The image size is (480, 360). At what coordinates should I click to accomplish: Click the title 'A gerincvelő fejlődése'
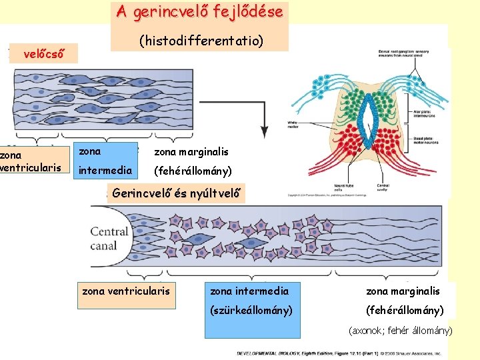pos(199,12)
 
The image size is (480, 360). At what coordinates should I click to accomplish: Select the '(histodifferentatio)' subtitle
pos(201,41)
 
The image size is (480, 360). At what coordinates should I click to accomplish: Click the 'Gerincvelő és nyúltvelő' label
pos(176,194)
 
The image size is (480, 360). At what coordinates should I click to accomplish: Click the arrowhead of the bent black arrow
pos(265,131)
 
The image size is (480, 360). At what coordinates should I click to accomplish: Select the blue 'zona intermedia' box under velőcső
pos(105,161)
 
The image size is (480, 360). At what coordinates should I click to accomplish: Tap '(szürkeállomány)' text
pos(251,310)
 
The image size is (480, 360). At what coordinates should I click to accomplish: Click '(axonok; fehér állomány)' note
pos(401,331)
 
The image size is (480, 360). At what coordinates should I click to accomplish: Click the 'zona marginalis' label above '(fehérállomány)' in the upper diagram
pos(191,152)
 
